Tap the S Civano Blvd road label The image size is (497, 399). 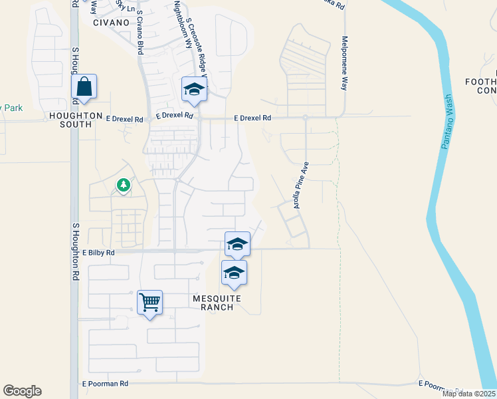[140, 36]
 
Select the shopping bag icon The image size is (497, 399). [85, 86]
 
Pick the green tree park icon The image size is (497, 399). [123, 185]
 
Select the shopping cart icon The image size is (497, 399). [149, 302]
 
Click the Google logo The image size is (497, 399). [22, 391]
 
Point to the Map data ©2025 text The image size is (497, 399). [469, 394]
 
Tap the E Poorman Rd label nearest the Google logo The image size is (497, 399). [104, 384]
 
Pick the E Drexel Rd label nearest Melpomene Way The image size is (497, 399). [252, 118]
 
